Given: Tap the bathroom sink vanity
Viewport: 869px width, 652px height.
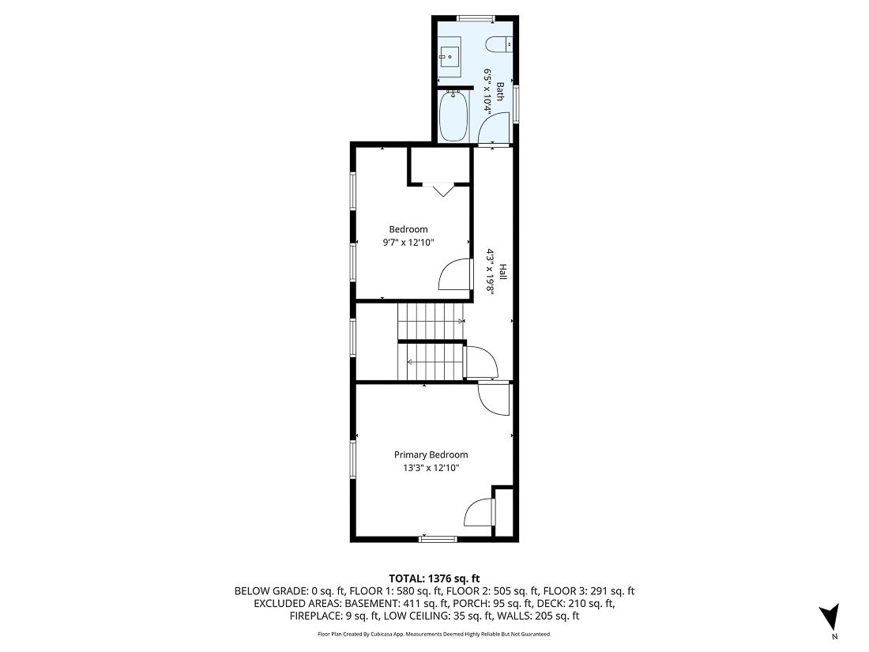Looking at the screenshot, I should [450, 56].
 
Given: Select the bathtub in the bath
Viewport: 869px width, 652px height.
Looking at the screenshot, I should [453, 117].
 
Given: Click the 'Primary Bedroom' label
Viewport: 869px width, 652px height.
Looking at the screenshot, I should [431, 454].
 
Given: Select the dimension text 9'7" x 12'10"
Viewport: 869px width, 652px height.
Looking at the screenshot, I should [408, 243].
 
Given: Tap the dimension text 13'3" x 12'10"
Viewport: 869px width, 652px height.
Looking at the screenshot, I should [431, 468].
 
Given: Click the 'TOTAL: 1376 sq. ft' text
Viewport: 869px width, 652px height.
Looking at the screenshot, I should [434, 578].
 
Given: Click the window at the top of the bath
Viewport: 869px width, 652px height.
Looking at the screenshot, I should [476, 17].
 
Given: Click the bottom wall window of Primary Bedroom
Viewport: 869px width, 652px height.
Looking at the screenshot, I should [438, 539].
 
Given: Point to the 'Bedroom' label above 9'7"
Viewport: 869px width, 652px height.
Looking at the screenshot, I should [408, 229].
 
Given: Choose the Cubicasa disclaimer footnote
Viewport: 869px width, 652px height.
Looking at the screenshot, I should [434, 634].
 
